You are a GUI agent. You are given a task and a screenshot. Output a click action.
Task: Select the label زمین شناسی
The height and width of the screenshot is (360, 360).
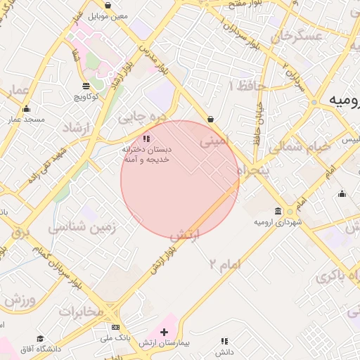[82, 227]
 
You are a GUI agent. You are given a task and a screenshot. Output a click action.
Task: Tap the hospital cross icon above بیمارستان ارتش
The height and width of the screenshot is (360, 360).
[165, 330]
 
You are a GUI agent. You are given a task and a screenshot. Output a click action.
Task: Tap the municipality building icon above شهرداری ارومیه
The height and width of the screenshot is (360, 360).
[279, 211]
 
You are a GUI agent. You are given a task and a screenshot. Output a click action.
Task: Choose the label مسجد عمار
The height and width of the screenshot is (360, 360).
[27, 120]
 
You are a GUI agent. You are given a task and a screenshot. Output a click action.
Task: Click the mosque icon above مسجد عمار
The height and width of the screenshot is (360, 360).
[27, 108]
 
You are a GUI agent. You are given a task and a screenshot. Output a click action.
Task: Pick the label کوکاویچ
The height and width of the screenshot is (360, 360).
[86, 96]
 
